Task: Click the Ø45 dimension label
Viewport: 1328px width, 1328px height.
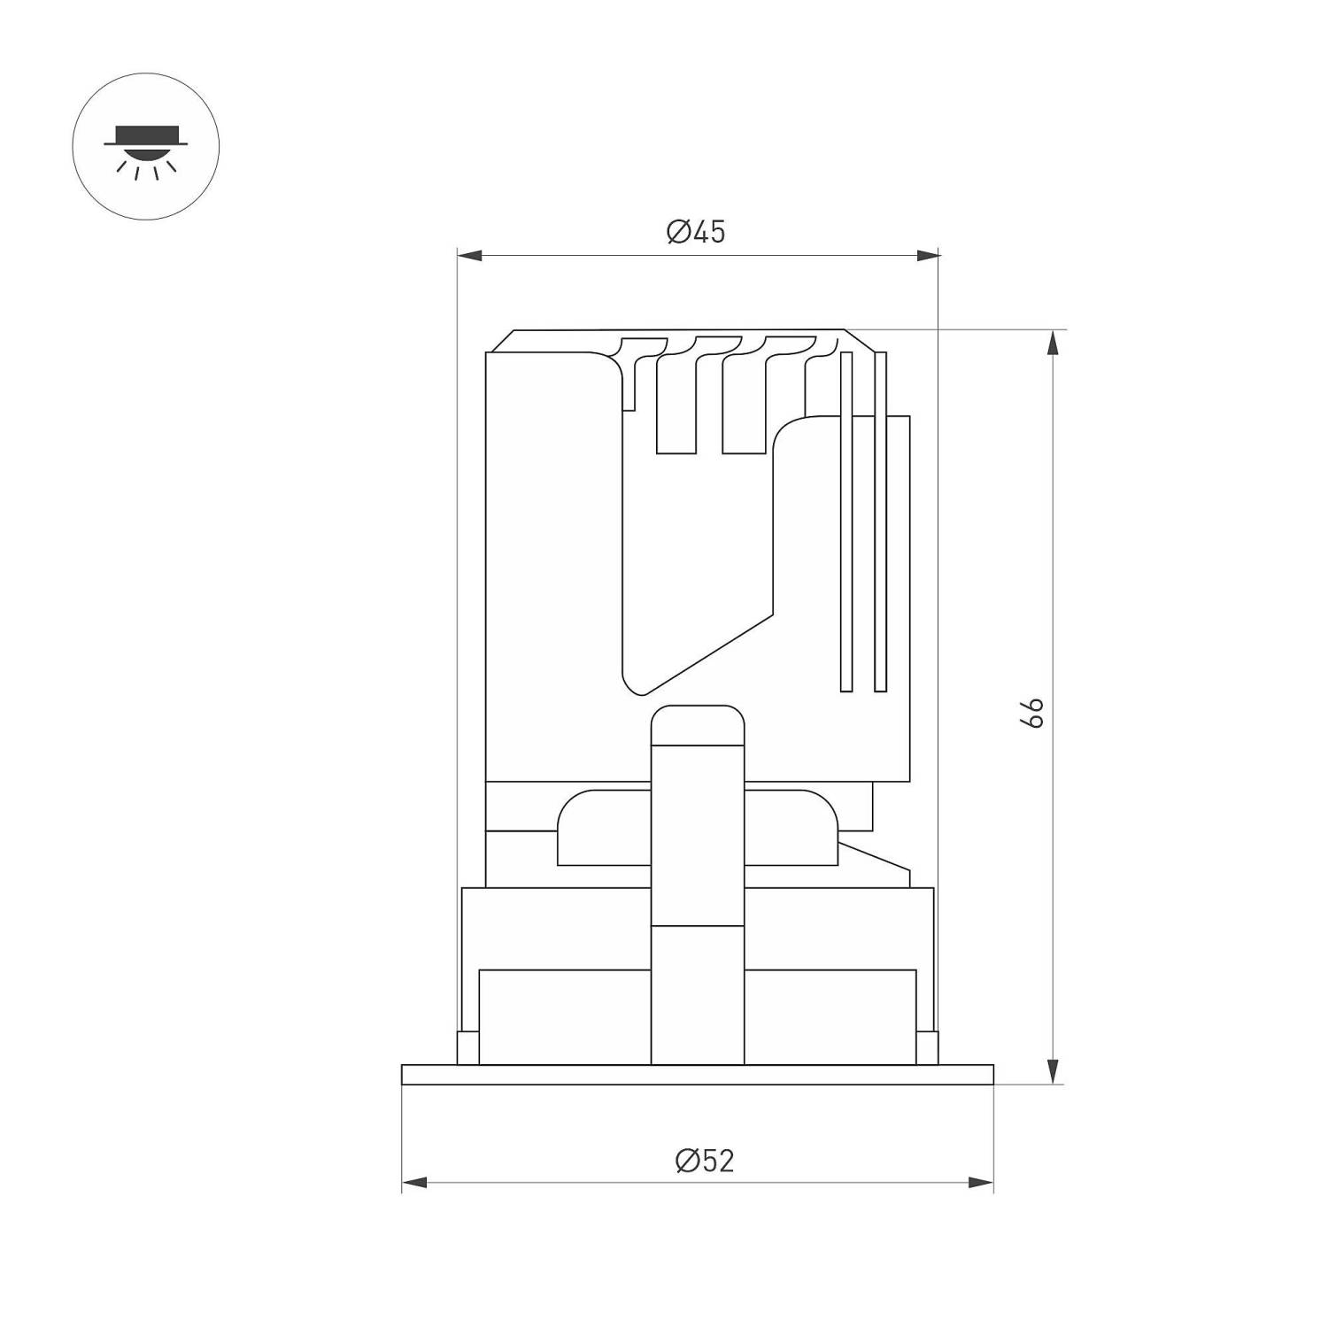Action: (x=696, y=232)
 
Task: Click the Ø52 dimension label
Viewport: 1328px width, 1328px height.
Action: (x=705, y=1160)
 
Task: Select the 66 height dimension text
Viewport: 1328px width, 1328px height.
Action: (x=1032, y=713)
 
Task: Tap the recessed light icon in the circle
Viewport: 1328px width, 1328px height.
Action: (x=145, y=149)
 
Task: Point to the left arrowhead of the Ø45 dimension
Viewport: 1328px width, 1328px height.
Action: (x=469, y=256)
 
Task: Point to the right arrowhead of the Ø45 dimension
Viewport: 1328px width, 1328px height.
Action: (x=928, y=256)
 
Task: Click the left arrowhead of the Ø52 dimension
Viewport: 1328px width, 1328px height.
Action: (x=414, y=1183)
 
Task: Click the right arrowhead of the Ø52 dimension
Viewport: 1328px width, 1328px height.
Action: (x=981, y=1183)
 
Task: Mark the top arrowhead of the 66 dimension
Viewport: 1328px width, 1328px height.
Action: (x=1052, y=343)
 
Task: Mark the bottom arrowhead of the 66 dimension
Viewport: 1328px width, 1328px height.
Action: (x=1052, y=1071)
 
